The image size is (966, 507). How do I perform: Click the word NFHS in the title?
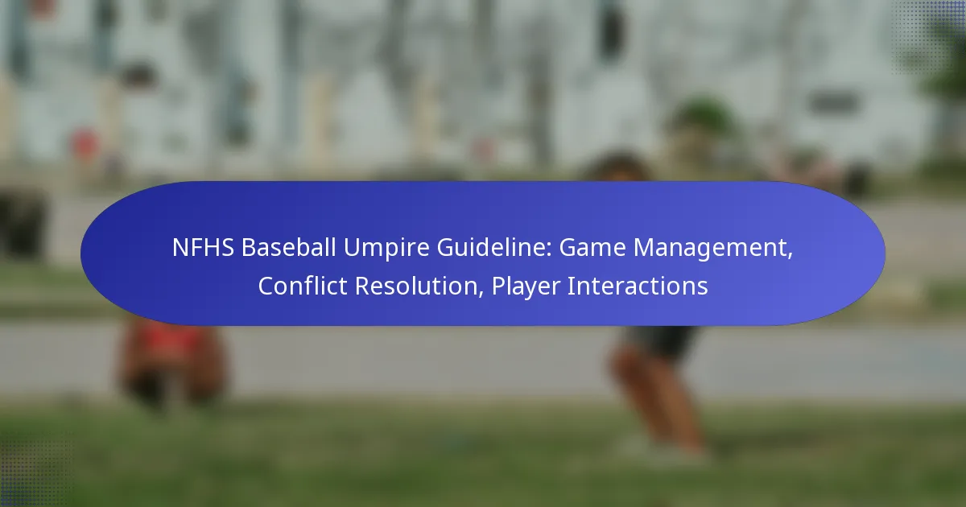pos(203,248)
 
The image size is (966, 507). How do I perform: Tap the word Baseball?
pos(288,248)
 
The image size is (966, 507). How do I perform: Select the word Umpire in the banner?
pos(386,249)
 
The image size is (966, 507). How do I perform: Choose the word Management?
pos(713,249)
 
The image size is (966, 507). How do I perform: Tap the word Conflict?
pos(303,286)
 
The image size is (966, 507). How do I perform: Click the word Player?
pos(525,287)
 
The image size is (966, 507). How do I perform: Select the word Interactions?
pos(638,286)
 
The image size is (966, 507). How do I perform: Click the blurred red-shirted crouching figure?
pos(172,362)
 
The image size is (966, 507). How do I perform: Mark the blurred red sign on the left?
pos(85,144)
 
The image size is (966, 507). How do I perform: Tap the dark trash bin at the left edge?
pos(22,225)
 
